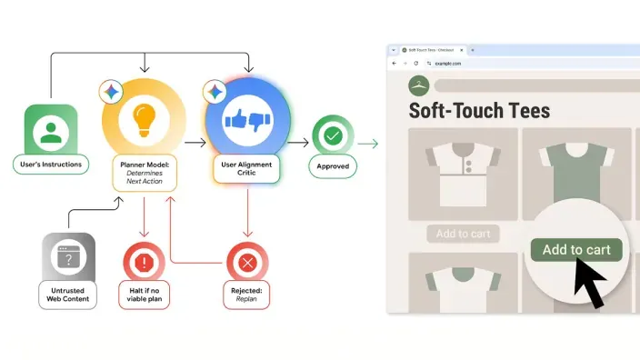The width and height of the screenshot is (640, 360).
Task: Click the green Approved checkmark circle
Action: pos(332,135)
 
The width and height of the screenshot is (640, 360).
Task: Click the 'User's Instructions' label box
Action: pos(52,165)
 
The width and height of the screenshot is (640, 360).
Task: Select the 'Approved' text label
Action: pos(332,166)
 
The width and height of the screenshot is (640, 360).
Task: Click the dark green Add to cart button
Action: pos(575,249)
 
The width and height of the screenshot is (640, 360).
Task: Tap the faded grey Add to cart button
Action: pos(463,234)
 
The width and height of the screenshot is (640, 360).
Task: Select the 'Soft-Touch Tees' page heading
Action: pos(479,111)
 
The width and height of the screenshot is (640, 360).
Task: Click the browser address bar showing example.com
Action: pos(509,64)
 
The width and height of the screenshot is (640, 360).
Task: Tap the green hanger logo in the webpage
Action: pos(418,85)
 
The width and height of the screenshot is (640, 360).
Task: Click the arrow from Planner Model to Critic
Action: pos(195,143)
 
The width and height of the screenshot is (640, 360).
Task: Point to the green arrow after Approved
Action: pos(368,143)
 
